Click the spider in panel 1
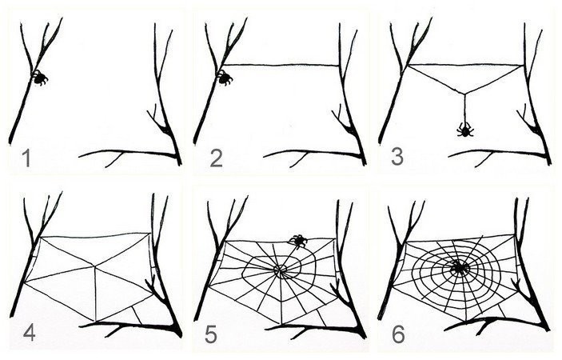pyautogui.click(x=39, y=78)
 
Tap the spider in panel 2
pyautogui.click(x=225, y=78)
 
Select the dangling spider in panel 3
pyautogui.click(x=464, y=130)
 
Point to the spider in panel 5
pyautogui.click(x=298, y=241)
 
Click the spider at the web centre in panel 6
pyautogui.click(x=459, y=267)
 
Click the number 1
pyautogui.click(x=26, y=158)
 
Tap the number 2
pyautogui.click(x=216, y=158)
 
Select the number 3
pyautogui.click(x=397, y=157)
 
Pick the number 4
pyautogui.click(x=29, y=332)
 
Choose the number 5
pyautogui.click(x=212, y=335)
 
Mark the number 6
pyautogui.click(x=399, y=334)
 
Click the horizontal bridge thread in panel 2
pyautogui.click(x=281, y=65)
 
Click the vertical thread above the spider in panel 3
pyautogui.click(x=464, y=108)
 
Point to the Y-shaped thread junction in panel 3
pyautogui.click(x=464, y=94)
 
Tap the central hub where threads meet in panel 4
pyautogui.click(x=94, y=266)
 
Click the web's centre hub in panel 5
pyautogui.click(x=280, y=269)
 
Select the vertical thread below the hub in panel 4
pyautogui.click(x=95, y=294)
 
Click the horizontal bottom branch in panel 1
pyautogui.click(x=129, y=154)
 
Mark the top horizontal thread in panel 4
pyautogui.click(x=95, y=235)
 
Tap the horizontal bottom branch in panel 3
pyautogui.click(x=498, y=154)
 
